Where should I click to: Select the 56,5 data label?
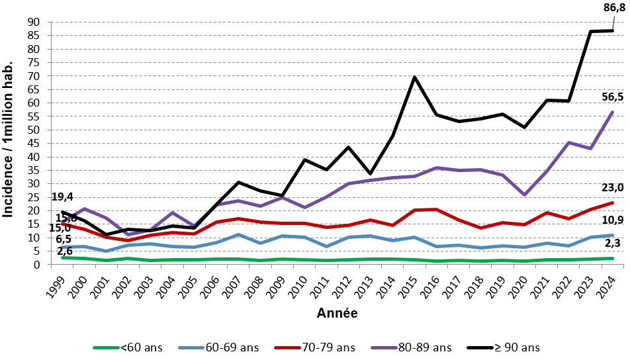[611, 97]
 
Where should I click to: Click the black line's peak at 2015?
[414, 77]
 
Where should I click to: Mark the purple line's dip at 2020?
[524, 195]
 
